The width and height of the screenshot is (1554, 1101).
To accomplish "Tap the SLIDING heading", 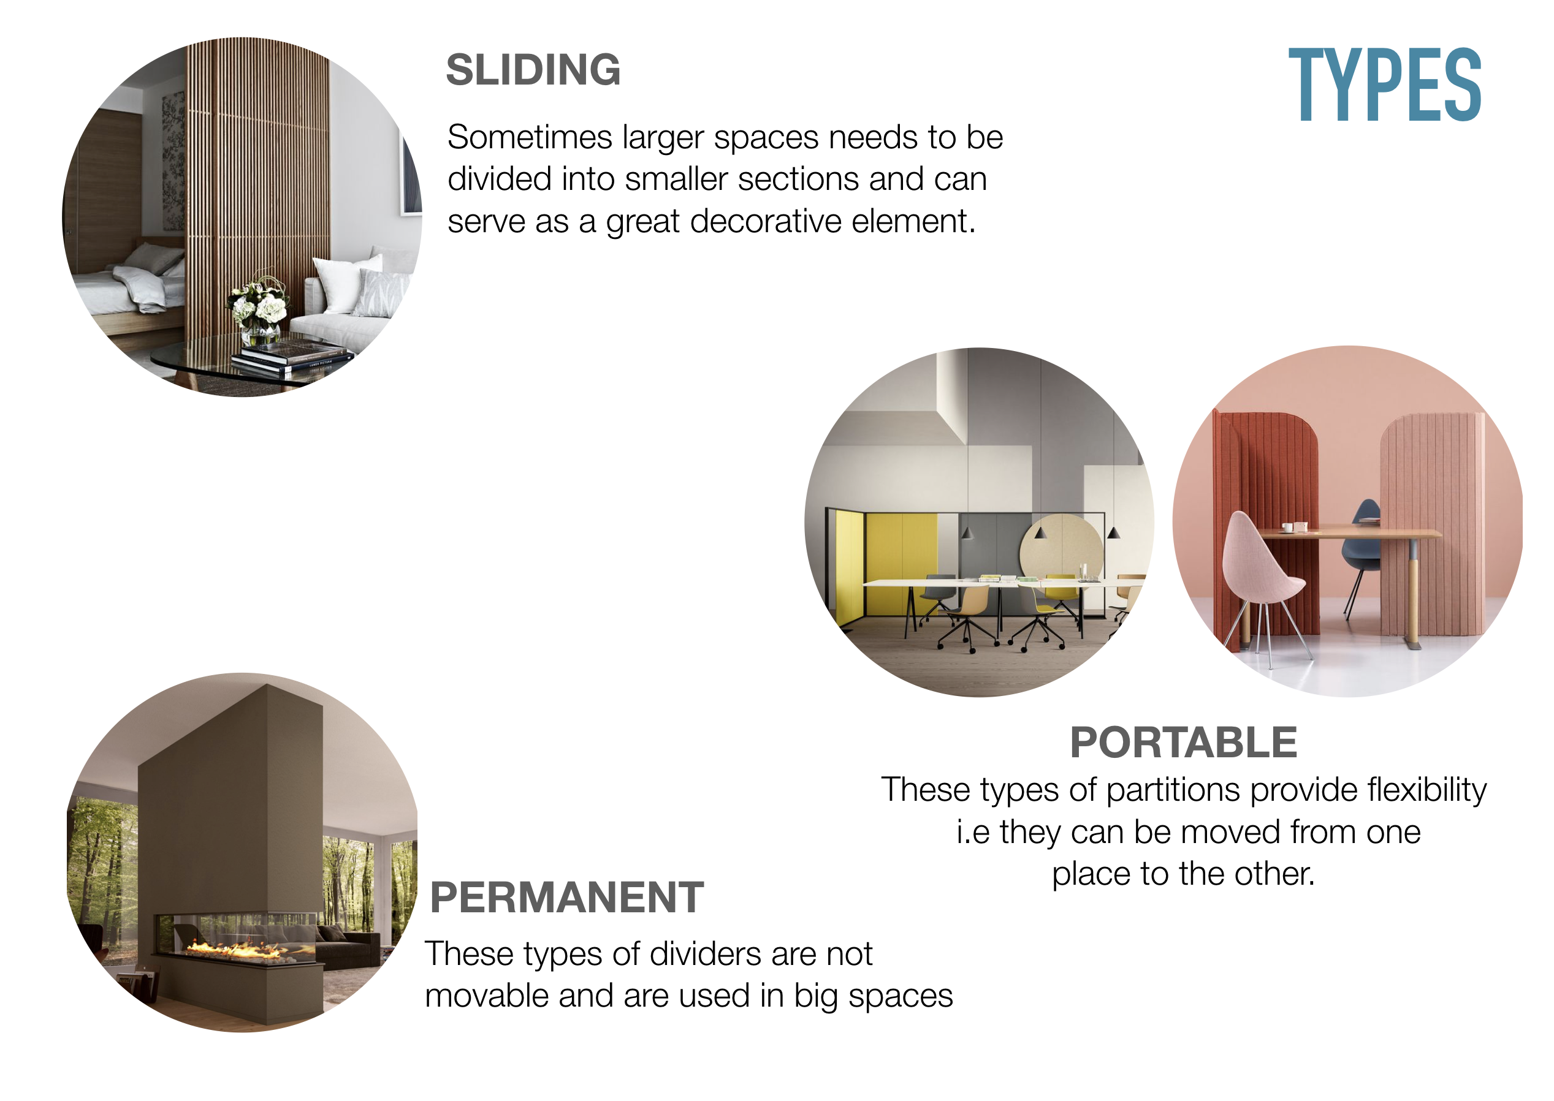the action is (x=533, y=70).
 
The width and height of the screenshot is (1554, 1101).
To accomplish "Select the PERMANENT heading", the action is (x=567, y=898).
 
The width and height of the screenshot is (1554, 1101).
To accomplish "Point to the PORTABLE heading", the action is (x=1184, y=743).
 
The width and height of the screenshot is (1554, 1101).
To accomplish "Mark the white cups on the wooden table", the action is (x=1294, y=527).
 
